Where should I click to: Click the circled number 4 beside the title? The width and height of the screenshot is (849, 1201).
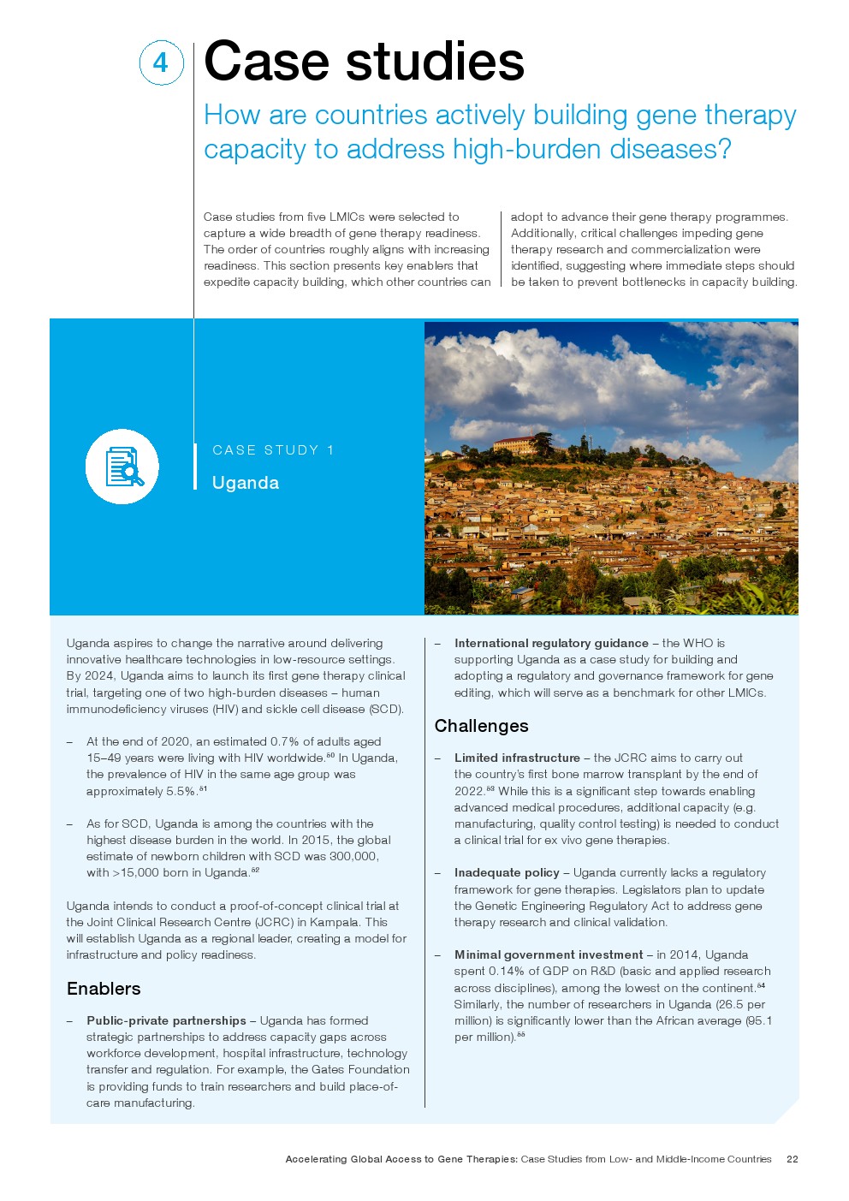point(161,63)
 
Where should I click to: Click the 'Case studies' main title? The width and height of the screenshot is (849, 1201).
point(364,62)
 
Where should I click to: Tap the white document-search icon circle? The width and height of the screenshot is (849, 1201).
point(122,467)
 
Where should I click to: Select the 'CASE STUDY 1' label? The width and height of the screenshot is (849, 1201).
point(273,450)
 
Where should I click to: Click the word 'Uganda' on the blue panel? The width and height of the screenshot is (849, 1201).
point(246,483)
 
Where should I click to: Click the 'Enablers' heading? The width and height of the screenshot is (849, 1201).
point(104,989)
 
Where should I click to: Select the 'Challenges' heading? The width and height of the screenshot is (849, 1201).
point(481,726)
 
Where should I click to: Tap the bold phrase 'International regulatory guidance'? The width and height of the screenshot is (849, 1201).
point(551,643)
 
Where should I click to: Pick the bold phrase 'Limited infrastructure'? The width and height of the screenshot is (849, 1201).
point(517,758)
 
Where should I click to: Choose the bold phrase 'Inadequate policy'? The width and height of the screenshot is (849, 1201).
point(507,872)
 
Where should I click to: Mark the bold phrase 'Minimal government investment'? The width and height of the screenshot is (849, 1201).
point(549,954)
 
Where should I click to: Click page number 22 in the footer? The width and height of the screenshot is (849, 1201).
point(792,1159)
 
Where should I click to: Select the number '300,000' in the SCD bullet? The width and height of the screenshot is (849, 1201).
point(353,856)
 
